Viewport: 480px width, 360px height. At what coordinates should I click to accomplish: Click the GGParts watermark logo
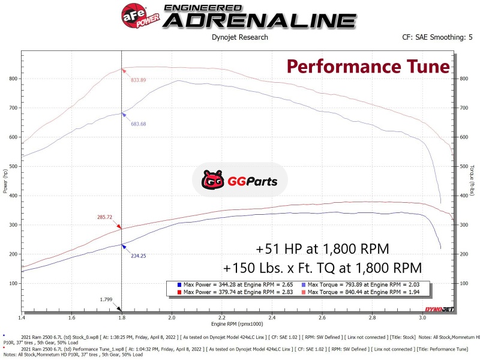click(x=239, y=179)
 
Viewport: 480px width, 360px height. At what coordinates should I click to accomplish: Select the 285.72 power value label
click(x=106, y=216)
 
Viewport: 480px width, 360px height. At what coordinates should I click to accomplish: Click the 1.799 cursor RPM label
click(x=106, y=298)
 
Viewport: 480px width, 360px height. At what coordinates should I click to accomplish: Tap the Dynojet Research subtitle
click(x=240, y=37)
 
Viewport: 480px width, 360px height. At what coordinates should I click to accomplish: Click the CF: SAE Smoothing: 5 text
click(x=437, y=37)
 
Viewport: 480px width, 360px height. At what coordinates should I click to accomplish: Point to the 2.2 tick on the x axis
click(x=222, y=317)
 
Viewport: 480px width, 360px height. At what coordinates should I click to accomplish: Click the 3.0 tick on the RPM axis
click(x=422, y=317)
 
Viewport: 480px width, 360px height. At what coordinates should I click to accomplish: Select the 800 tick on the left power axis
click(x=13, y=79)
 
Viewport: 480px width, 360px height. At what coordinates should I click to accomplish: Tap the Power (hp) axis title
click(x=4, y=183)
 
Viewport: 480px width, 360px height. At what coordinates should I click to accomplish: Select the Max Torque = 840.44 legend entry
click(x=362, y=291)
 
